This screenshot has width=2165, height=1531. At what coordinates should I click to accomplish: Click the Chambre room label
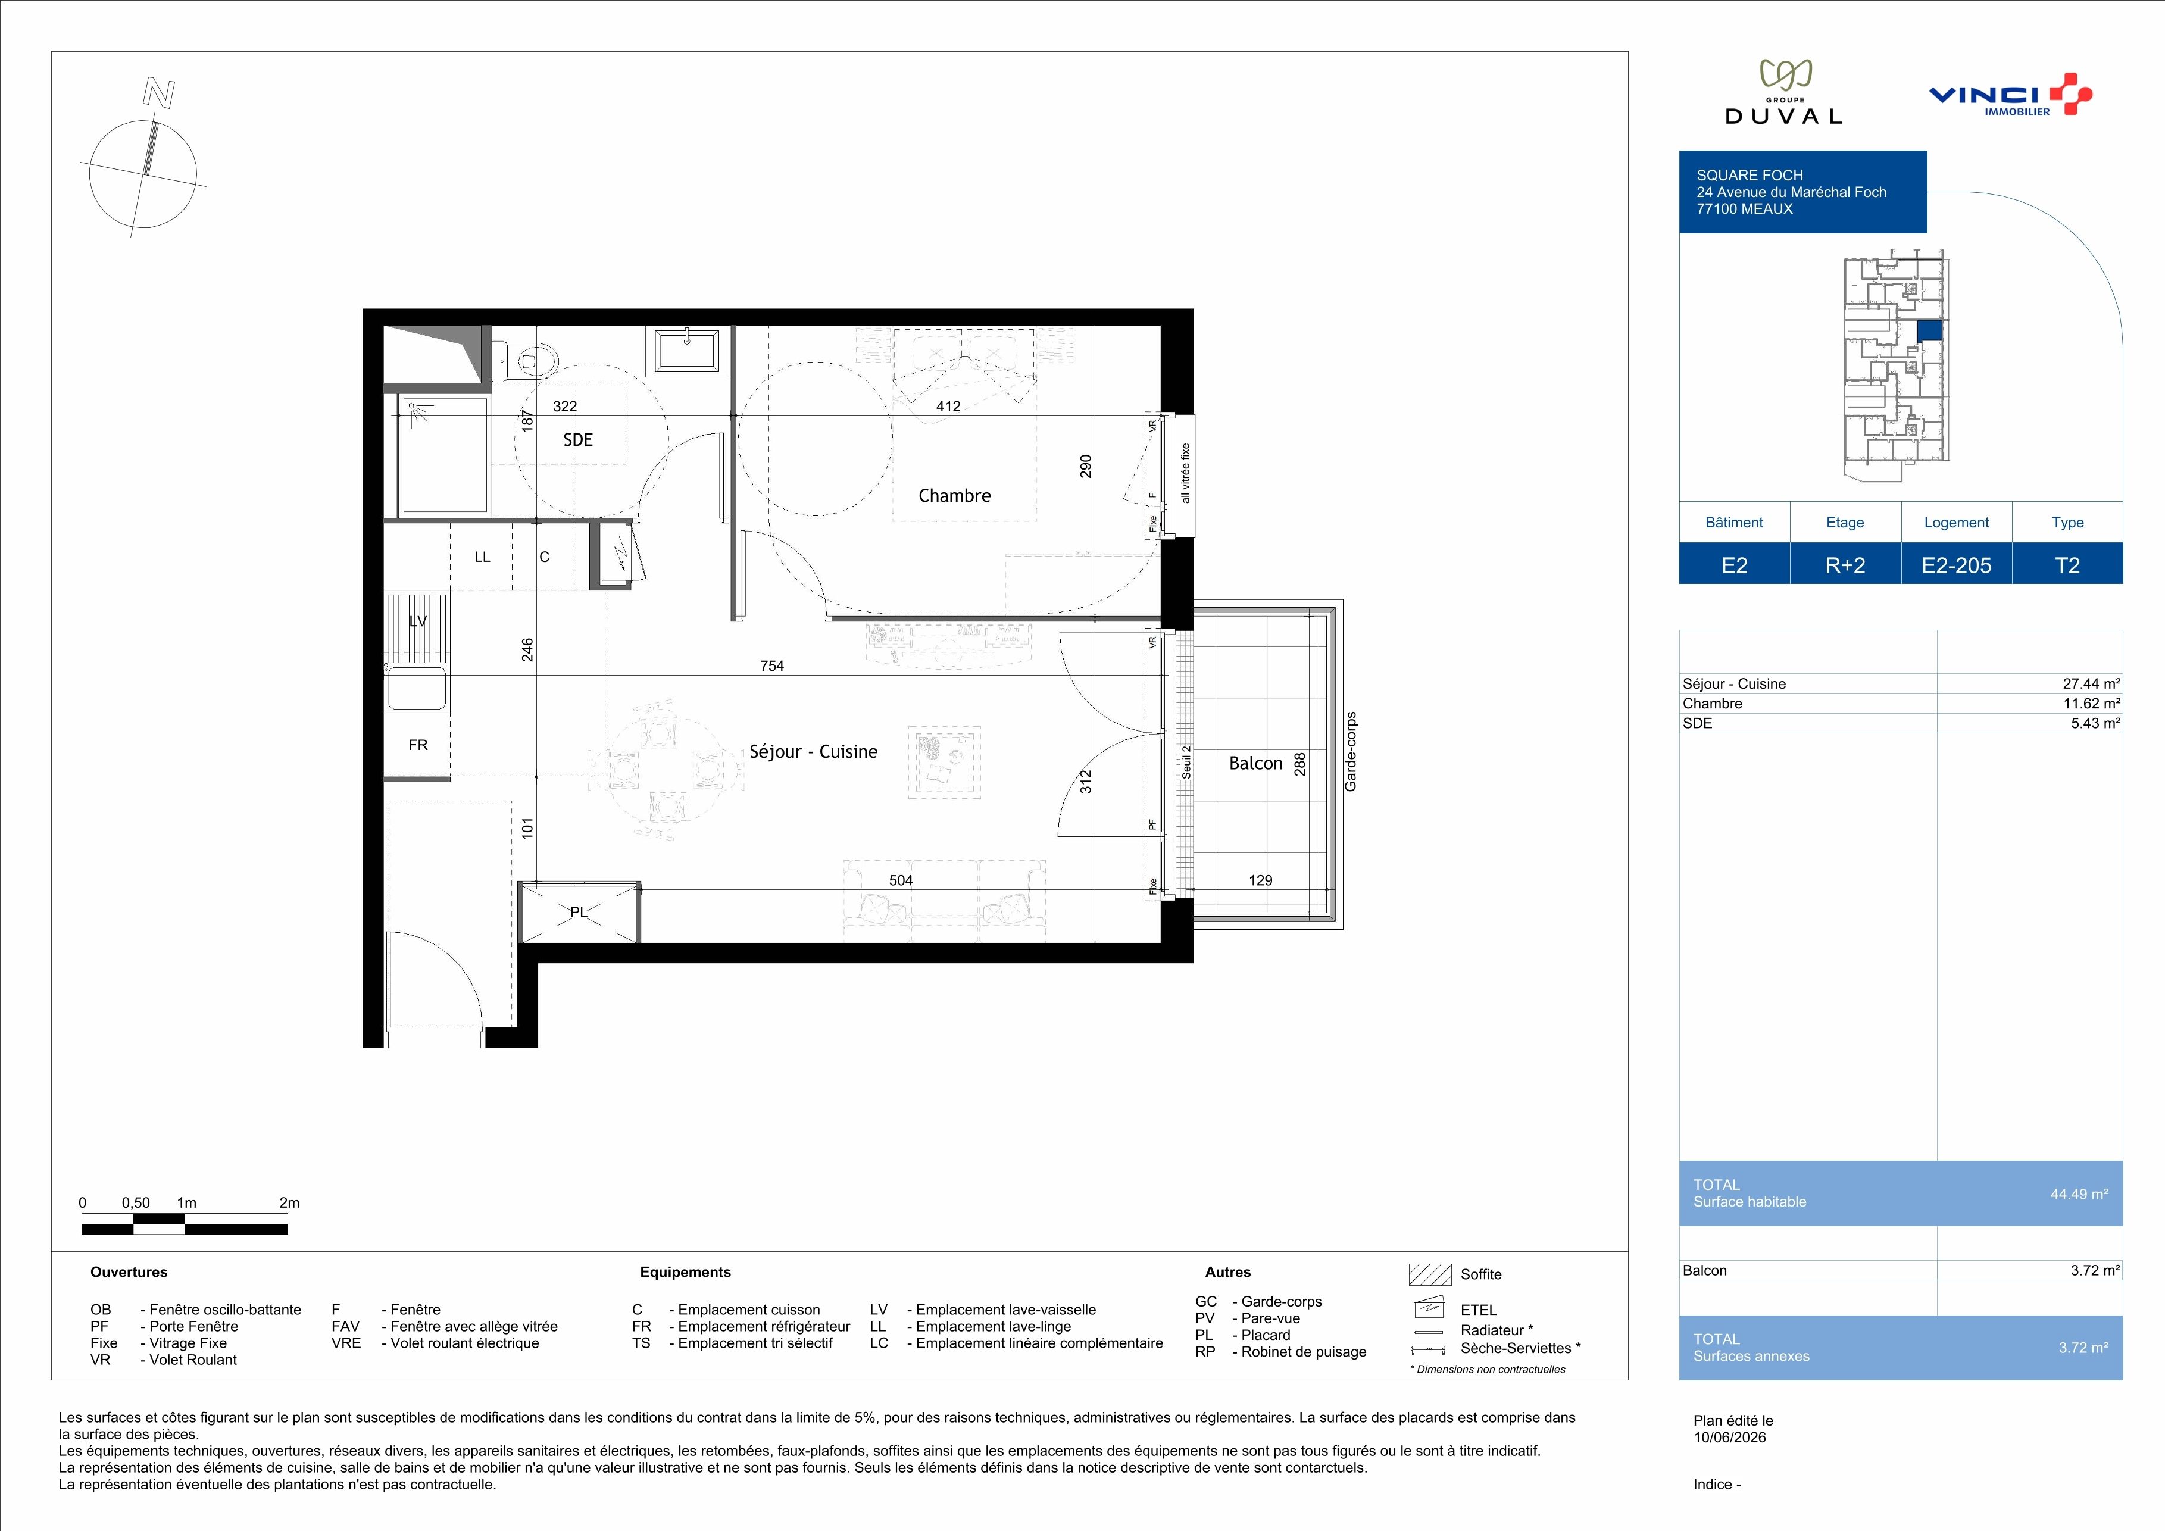tap(954, 496)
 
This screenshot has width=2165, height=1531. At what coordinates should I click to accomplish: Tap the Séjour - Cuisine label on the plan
tap(813, 751)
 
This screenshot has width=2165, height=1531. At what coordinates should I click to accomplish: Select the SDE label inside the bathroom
tap(578, 439)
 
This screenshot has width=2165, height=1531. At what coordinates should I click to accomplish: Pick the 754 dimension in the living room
tap(771, 665)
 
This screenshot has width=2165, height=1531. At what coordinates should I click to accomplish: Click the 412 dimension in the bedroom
tap(948, 407)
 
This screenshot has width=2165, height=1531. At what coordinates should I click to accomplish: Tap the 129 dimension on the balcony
tap(1260, 880)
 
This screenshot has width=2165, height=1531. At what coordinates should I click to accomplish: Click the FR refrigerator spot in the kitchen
tap(418, 745)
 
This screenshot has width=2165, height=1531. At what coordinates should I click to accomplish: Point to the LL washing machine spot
tap(482, 557)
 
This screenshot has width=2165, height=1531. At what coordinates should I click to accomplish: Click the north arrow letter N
tap(158, 92)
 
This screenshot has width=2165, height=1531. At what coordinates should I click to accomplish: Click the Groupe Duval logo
tap(1783, 92)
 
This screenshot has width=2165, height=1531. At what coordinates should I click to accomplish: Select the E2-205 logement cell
tap(1957, 565)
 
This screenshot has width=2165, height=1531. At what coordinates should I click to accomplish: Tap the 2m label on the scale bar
tap(289, 1203)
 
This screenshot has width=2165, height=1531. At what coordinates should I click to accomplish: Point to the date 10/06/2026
tap(1729, 1438)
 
